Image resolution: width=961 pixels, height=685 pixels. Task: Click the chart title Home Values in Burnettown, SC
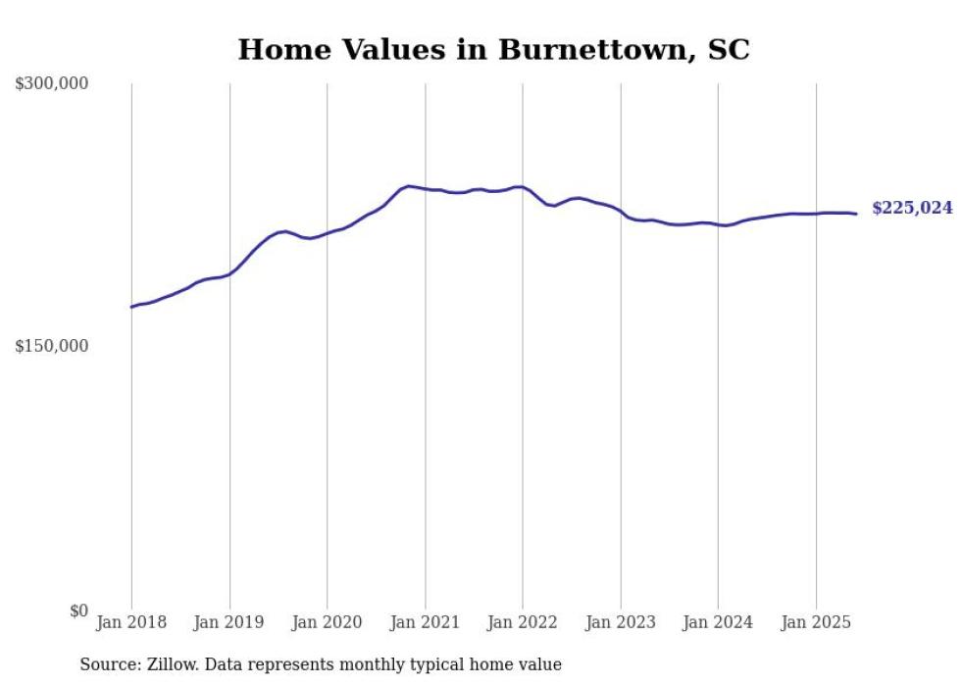[493, 49]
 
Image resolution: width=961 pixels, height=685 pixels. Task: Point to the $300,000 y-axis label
[51, 84]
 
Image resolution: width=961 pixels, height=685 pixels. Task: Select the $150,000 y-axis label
[51, 346]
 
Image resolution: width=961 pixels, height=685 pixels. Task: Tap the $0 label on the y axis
[78, 611]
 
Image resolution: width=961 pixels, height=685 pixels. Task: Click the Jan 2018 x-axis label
[131, 622]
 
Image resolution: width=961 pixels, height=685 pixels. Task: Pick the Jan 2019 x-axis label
[229, 622]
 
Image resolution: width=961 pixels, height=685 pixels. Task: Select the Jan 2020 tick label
[327, 622]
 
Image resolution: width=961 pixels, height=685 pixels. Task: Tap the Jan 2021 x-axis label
[425, 622]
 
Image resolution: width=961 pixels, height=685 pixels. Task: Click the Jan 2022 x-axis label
[523, 622]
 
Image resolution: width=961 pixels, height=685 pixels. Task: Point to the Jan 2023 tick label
[620, 622]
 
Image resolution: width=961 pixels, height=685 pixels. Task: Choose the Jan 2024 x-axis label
[718, 622]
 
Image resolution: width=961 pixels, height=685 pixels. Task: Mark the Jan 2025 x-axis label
[816, 622]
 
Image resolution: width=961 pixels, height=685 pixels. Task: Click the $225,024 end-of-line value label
[912, 208]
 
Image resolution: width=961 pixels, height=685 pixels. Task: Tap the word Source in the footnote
[108, 665]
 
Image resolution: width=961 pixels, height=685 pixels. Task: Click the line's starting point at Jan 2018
[131, 307]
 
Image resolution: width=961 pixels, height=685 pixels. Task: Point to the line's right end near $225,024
[856, 214]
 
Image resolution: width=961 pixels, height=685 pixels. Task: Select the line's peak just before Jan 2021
[409, 185]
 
